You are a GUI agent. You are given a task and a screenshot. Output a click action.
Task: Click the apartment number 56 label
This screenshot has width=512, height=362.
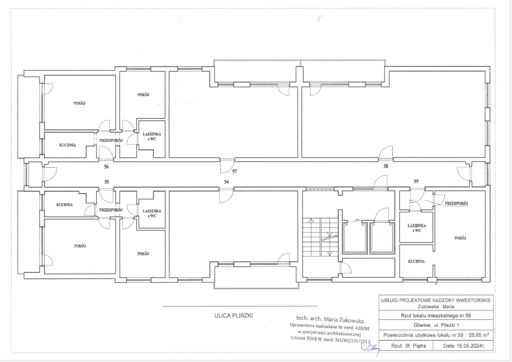click(106, 167)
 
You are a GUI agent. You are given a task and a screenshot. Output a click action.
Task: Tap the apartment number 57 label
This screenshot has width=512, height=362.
click(234, 172)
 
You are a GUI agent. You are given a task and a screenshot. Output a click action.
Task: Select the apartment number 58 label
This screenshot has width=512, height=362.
click(386, 166)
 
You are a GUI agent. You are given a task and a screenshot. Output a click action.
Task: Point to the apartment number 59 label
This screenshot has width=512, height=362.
click(416, 181)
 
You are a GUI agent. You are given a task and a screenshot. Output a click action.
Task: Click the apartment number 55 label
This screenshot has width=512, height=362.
click(106, 182)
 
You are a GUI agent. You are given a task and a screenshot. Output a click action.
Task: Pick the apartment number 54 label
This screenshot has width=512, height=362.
click(226, 182)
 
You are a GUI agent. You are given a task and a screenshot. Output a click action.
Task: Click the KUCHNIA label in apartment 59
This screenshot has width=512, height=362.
click(416, 261)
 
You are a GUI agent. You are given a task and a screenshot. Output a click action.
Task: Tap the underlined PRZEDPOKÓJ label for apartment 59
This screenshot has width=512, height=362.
click(456, 203)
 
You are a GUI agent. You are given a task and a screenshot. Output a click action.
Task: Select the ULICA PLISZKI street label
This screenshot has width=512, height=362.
click(234, 316)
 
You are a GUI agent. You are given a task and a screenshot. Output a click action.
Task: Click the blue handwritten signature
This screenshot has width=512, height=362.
click(370, 348)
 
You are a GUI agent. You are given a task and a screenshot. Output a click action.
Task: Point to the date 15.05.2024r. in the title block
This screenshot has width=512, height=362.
click(464, 346)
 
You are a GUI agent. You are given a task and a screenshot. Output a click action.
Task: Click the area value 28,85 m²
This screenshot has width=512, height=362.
click(479, 335)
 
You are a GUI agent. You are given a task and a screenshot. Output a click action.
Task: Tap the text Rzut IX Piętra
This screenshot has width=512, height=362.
click(408, 346)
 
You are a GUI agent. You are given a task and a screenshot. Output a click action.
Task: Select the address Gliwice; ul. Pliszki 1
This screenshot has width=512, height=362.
click(436, 325)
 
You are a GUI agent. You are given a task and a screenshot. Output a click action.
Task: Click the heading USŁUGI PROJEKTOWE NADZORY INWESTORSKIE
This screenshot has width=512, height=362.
click(436, 300)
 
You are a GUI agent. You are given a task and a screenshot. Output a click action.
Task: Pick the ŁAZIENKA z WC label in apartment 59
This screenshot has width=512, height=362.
click(417, 228)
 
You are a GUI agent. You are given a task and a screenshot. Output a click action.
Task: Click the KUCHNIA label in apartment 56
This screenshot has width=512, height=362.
click(68, 145)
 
